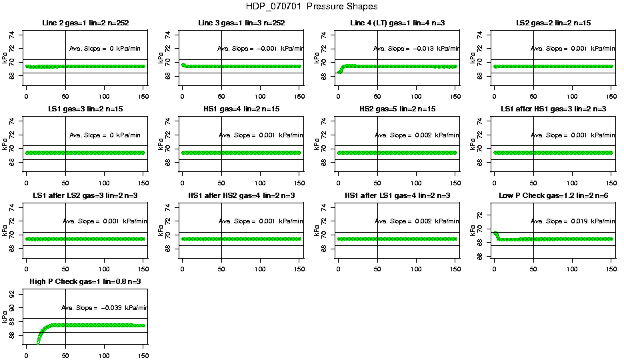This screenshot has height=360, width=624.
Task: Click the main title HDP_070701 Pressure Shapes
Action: click(311, 6)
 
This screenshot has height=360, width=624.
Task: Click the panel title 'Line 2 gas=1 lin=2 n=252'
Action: click(85, 23)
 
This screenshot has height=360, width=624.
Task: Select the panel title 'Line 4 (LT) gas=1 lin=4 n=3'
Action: click(397, 23)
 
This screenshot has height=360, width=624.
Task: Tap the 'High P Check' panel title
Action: click(85, 282)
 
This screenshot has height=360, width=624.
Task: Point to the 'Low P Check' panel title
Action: click(553, 196)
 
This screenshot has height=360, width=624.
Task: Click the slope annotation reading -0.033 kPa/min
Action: click(104, 308)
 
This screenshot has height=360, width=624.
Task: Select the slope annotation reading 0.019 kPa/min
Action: click(572, 221)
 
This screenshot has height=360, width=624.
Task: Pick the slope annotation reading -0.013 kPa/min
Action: click(416, 49)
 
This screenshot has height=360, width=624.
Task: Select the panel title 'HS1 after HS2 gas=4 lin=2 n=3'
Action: click(241, 196)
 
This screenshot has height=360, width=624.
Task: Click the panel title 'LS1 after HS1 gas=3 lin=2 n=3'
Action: click(553, 109)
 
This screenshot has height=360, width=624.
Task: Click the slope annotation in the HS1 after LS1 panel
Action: click(416, 221)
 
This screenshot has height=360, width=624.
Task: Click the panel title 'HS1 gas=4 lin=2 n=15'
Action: click(241, 109)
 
